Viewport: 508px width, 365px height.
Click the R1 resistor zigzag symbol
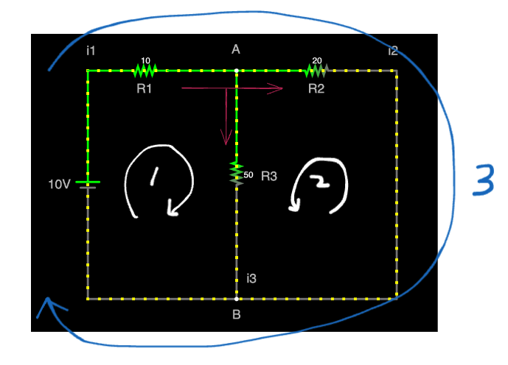pos(145,71)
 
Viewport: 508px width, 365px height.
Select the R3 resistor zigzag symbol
pos(236,171)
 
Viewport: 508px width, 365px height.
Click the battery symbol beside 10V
pos(88,184)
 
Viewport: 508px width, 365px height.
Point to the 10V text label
pos(59,184)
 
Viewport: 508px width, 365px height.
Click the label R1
pos(144,88)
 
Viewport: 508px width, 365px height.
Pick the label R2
pos(316,88)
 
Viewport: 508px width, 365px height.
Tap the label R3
pos(270,177)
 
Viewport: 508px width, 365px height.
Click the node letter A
pos(236,49)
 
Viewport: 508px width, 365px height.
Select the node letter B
pos(237,315)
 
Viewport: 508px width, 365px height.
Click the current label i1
pos(91,51)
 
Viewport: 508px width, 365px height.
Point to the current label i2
pos(393,51)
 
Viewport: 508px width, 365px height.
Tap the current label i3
pos(251,278)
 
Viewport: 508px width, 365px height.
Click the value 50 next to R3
pos(248,175)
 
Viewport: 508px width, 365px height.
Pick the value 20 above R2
pos(317,61)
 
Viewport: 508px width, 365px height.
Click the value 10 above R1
pos(145,61)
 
